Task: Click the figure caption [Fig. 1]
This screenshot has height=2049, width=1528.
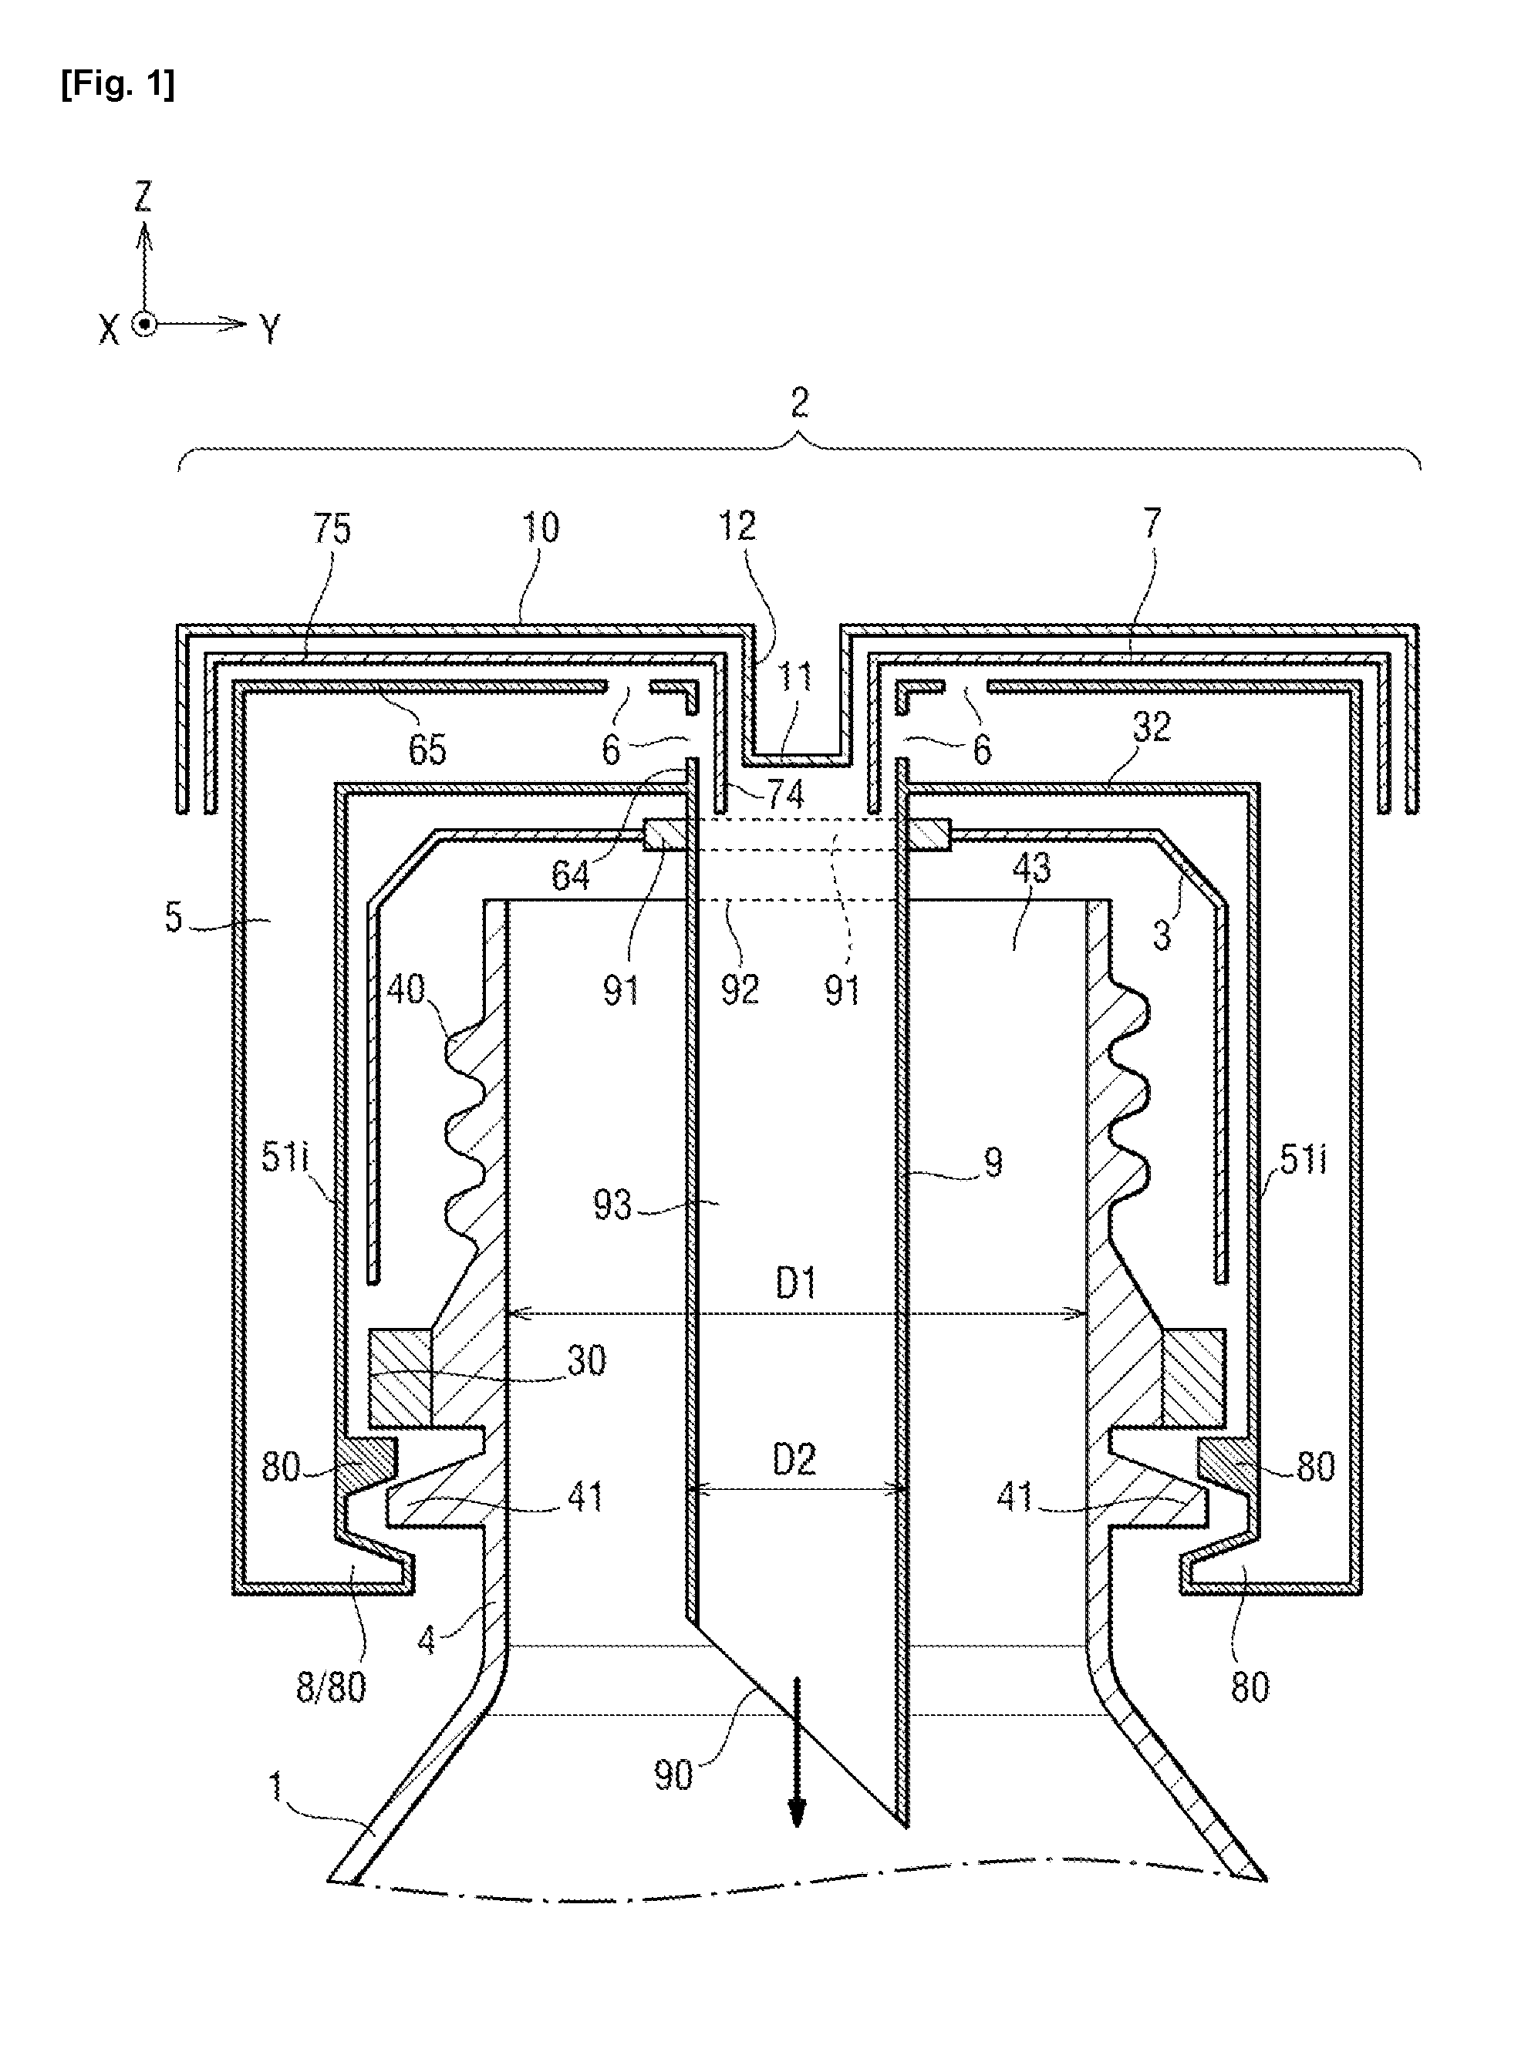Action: pos(117,85)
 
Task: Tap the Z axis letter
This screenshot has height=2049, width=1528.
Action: pos(143,197)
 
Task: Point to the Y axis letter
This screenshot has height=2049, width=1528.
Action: pos(269,329)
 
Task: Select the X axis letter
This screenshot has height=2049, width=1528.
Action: pos(110,329)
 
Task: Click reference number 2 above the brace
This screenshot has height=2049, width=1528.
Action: pos(799,403)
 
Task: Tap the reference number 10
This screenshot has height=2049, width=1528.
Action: pos(541,528)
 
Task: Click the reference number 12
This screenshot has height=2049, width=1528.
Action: pos(737,526)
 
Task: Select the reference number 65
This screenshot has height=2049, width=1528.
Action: pos(427,750)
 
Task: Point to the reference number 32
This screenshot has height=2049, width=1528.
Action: pos(1152,728)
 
